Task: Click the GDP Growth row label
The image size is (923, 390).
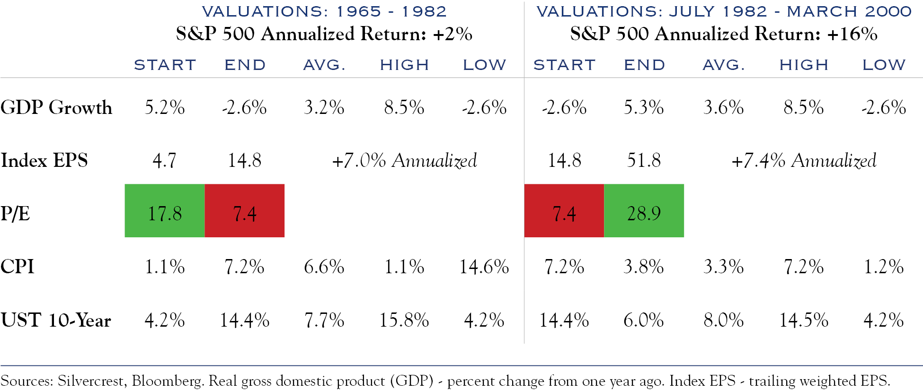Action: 56,108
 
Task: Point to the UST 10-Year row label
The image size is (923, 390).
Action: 56,321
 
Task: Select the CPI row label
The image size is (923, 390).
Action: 18,267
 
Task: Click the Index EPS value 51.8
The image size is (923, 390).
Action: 644,161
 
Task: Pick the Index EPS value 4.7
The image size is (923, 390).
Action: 164,161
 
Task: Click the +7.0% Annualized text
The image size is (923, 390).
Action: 404,161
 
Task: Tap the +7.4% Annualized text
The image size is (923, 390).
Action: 804,161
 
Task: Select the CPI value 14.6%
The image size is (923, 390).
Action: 484,267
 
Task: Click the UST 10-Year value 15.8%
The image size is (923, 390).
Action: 404,321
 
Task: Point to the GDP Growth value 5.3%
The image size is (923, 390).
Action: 644,108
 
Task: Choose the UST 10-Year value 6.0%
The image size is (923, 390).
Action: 644,321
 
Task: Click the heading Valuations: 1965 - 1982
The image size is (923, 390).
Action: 324,11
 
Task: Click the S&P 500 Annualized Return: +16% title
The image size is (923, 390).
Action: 724,34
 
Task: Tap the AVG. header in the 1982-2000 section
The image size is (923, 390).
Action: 724,65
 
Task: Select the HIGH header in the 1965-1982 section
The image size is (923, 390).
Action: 404,65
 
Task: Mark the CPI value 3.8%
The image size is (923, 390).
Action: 644,267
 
